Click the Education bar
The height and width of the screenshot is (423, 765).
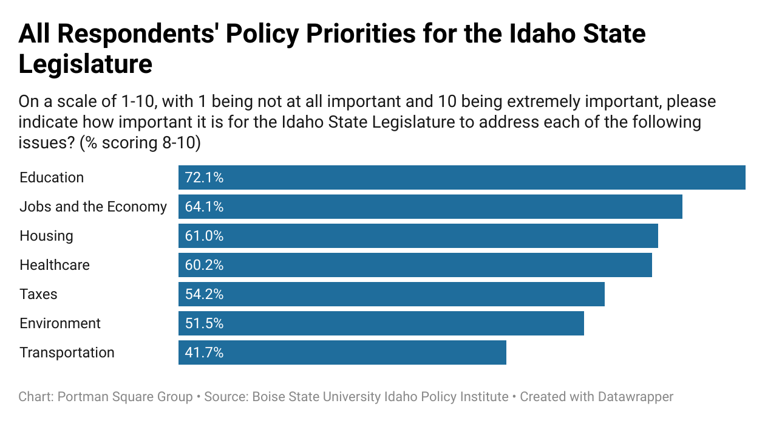pos(461,177)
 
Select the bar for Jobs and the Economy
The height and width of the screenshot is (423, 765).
pos(430,207)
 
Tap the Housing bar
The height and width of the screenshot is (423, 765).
pos(418,236)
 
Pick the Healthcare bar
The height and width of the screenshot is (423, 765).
pos(415,265)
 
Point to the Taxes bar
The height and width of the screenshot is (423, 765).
pos(391,294)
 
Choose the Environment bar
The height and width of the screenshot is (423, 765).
pos(381,323)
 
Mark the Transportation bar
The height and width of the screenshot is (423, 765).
pos(342,352)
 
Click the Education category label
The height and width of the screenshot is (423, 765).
pos(52,177)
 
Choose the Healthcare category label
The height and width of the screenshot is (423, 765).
pos(55,265)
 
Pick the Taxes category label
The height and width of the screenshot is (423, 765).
pos(38,294)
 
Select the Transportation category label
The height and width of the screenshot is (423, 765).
pos(67,352)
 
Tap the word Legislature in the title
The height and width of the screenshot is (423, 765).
pos(85,63)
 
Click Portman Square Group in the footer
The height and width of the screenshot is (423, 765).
pos(124,397)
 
